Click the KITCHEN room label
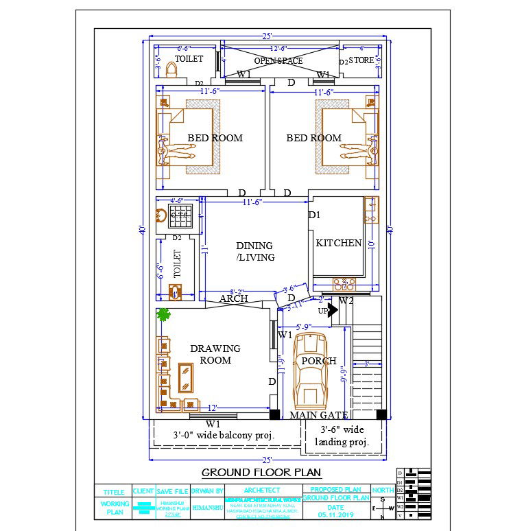click(338, 243)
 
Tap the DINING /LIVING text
click(254, 251)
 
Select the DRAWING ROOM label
click(215, 354)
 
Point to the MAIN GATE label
click(318, 415)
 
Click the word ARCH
click(233, 299)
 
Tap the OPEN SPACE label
click(278, 61)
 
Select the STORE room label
click(361, 60)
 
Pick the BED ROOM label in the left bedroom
click(215, 138)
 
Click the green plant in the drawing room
click(163, 315)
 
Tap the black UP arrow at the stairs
click(333, 311)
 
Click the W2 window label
click(346, 300)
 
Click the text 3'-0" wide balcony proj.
click(224, 435)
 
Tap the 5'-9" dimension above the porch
click(304, 326)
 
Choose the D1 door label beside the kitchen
click(314, 215)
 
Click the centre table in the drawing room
click(185, 377)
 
